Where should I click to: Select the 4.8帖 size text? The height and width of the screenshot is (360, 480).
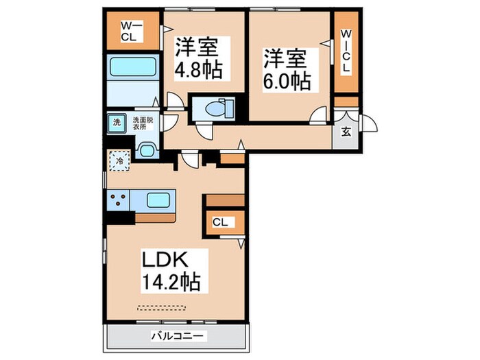tap(202, 69)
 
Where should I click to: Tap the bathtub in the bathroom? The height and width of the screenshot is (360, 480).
tap(132, 69)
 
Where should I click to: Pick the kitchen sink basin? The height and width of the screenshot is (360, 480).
tap(159, 202)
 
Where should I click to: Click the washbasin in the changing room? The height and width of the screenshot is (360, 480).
tap(146, 149)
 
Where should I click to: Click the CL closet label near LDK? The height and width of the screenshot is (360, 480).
tap(220, 222)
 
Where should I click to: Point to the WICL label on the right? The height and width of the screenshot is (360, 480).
tap(346, 51)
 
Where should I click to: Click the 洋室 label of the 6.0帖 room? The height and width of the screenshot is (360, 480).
tap(286, 56)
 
